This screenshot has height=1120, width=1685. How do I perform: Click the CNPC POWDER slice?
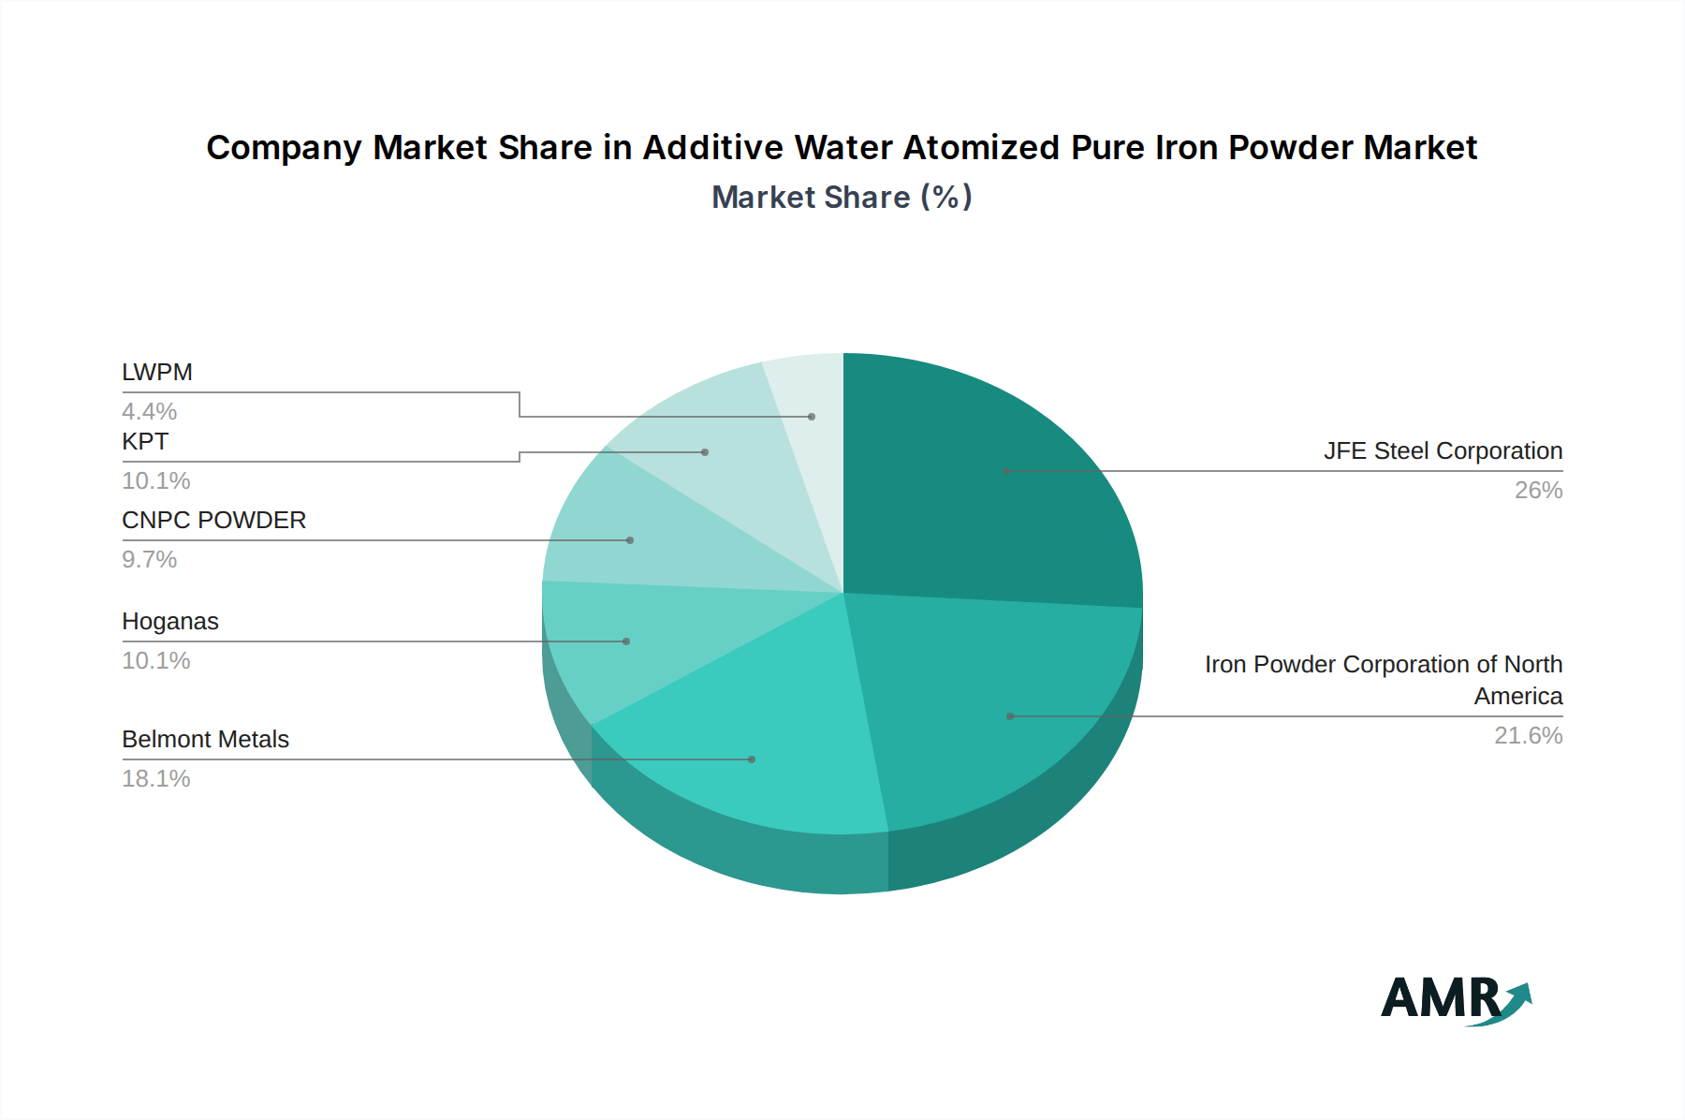(x=637, y=538)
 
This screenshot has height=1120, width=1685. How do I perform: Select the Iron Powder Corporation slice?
(x=1002, y=712)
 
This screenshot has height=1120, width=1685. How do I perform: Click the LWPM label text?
(x=157, y=373)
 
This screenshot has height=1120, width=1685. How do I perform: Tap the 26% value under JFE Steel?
(x=1538, y=491)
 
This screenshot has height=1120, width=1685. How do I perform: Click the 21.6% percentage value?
(x=1528, y=736)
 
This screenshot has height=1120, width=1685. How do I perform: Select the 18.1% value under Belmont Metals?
(x=156, y=779)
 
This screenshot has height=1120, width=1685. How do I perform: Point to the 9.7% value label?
(x=150, y=560)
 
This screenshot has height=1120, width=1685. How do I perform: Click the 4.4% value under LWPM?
(x=150, y=412)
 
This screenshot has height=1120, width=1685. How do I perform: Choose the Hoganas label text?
(x=170, y=622)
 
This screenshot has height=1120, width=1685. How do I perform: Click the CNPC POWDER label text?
(x=213, y=521)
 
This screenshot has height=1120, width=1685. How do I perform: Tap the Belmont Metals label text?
(x=206, y=740)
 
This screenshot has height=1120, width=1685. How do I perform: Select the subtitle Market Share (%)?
(x=842, y=198)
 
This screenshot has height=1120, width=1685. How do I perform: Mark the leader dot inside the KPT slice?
(x=705, y=452)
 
